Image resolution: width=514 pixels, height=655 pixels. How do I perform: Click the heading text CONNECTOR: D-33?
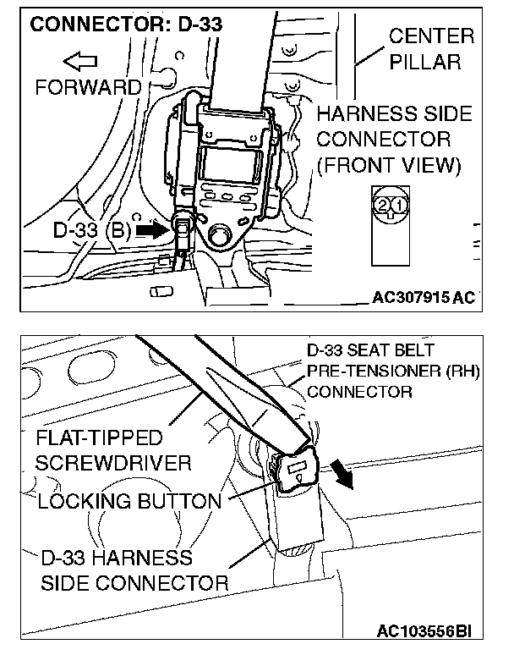click(126, 23)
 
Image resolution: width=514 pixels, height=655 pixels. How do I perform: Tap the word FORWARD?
click(89, 87)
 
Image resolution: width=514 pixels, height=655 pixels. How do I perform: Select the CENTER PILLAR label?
click(431, 49)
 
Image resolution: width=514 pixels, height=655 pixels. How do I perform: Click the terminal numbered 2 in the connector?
click(383, 205)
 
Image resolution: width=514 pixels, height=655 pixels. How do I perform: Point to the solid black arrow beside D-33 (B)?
click(152, 228)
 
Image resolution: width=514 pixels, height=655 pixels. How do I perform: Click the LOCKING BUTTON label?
click(129, 501)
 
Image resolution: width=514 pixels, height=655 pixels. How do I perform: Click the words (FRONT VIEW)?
click(389, 164)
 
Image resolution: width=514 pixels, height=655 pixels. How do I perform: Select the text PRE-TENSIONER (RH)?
click(392, 371)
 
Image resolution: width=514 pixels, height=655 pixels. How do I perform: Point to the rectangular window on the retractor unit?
click(231, 161)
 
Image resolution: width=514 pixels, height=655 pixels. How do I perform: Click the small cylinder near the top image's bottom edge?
click(156, 290)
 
